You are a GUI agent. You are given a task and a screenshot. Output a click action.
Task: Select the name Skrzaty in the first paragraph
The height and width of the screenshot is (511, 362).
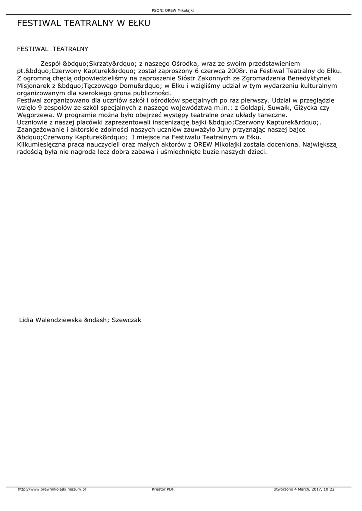click(x=100, y=64)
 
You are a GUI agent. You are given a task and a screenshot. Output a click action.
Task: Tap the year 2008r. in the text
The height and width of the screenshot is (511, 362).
click(x=237, y=71)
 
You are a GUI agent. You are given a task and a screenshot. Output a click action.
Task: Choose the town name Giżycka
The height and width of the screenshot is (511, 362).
click(x=310, y=108)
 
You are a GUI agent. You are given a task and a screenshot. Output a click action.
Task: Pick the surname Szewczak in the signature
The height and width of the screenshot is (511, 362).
click(x=127, y=320)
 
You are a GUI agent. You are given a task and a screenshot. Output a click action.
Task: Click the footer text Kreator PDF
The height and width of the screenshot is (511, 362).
click(x=163, y=489)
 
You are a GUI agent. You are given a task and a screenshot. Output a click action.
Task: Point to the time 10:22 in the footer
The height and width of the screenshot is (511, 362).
click(x=329, y=489)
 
